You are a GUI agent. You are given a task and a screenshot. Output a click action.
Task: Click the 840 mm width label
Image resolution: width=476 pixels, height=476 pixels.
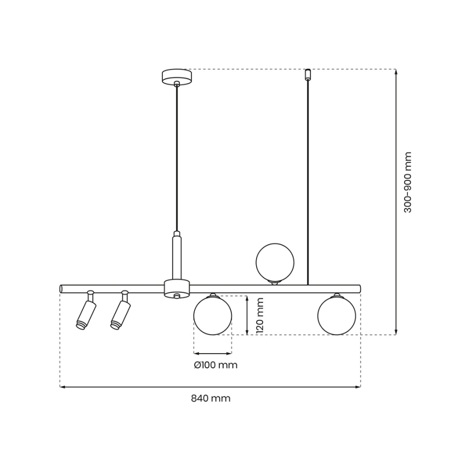click(211, 399)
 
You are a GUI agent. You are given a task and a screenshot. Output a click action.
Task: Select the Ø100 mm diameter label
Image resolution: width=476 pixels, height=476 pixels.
click(216, 365)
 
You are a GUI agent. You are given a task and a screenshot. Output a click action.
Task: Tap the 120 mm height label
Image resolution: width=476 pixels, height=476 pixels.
click(260, 315)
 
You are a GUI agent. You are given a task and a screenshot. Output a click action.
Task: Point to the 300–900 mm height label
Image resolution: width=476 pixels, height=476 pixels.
click(407, 183)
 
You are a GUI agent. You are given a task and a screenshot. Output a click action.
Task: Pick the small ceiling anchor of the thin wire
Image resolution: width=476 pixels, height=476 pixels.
click(308, 73)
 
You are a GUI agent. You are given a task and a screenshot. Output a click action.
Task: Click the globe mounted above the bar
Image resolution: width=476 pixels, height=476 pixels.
click(275, 262)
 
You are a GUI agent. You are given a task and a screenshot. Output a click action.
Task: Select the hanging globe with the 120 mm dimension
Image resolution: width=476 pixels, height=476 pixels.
click(213, 315)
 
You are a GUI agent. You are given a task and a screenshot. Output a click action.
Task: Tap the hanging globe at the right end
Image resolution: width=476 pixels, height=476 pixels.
click(336, 315)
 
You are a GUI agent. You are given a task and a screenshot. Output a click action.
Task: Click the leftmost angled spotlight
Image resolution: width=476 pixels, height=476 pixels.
click(86, 314)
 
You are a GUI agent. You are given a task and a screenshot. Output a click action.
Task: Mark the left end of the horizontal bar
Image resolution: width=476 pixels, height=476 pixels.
click(61, 288)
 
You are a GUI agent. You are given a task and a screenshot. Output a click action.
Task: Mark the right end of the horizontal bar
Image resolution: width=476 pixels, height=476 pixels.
click(359, 288)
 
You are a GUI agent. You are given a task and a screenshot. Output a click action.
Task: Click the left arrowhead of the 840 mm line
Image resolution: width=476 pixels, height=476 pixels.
click(61, 387)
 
